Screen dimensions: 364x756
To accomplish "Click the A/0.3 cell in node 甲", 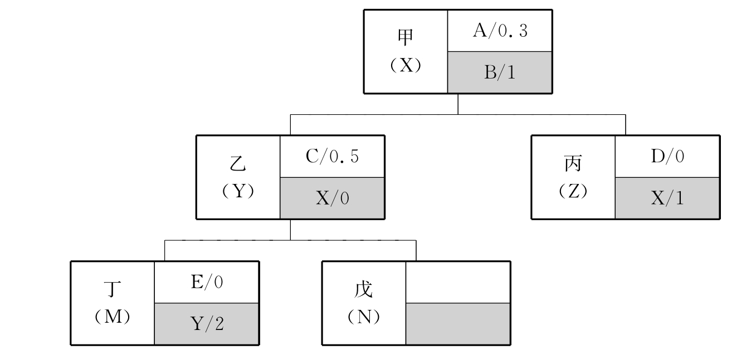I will [500, 31].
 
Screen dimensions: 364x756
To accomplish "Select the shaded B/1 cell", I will [500, 72].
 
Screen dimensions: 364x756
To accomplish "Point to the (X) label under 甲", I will [406, 65].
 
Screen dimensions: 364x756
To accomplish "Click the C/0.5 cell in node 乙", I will [332, 157].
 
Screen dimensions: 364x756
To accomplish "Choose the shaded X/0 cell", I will [332, 198].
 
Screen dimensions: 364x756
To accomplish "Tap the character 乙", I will [238, 164].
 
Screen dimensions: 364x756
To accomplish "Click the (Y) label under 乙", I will [238, 191].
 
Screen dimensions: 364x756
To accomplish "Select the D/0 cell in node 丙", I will [667, 157].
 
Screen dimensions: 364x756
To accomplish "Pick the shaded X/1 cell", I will [667, 198].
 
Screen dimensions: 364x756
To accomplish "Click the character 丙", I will [573, 164].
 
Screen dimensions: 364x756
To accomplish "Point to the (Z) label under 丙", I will [573, 191].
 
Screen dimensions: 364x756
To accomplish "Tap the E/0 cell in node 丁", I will [206, 283].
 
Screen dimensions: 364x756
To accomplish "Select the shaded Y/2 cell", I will [206, 324].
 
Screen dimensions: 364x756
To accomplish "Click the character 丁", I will [113, 290].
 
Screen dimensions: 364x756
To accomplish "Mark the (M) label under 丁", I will [113, 317].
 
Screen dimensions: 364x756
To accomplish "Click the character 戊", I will [364, 290].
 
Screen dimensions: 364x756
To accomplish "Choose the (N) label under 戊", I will [364, 317].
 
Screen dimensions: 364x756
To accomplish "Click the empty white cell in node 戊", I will [457, 282].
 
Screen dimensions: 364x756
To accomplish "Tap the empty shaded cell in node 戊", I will [457, 324].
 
